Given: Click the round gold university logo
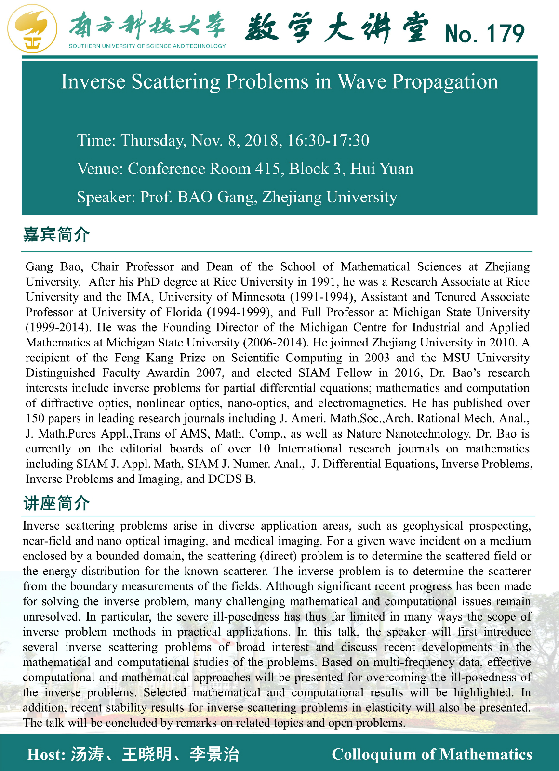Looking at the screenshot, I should (x=32, y=28).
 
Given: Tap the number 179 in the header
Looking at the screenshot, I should (x=505, y=34).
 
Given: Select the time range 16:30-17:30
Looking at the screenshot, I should (x=328, y=140).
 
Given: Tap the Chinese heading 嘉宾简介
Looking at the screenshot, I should (x=56, y=235).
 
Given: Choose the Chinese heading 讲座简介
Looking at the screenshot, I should (x=56, y=503).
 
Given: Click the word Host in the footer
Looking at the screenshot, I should (x=45, y=754).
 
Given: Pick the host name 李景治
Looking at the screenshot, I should (x=214, y=754).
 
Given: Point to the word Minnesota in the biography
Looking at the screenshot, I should (x=258, y=297).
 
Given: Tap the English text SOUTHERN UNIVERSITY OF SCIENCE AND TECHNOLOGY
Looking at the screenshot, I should (x=147, y=46).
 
